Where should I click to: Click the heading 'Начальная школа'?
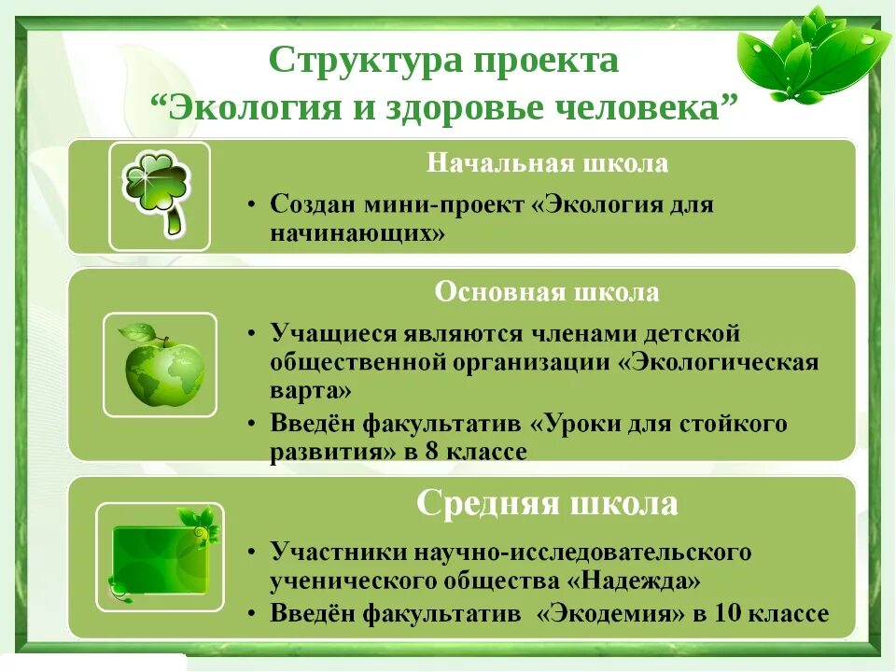548,163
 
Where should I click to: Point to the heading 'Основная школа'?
547,292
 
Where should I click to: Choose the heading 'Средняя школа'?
547,505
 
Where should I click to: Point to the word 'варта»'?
312,389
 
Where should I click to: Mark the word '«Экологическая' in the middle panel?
719,361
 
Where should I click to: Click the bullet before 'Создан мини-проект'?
254,206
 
